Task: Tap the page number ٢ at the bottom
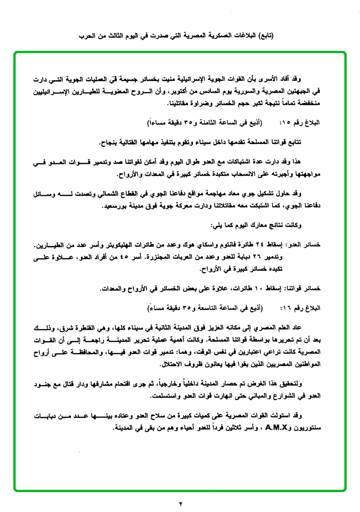click(180, 502)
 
